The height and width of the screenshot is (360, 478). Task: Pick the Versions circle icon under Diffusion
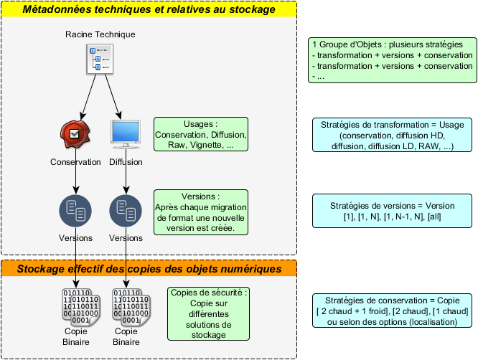(126, 210)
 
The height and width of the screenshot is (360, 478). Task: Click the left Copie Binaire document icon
(75, 306)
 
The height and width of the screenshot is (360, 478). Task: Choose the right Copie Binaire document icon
(126, 306)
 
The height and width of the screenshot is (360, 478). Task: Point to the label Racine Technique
(100, 34)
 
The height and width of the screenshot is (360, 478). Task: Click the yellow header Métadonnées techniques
(149, 9)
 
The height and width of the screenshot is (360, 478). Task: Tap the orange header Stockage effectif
(149, 269)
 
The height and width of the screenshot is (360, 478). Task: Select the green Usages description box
(201, 134)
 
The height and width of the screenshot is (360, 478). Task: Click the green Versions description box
(201, 212)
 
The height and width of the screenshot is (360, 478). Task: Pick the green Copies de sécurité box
(209, 313)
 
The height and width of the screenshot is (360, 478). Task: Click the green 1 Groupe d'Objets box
(393, 60)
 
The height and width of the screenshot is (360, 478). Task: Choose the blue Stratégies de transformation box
(393, 135)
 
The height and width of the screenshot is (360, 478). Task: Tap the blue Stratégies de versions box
(393, 212)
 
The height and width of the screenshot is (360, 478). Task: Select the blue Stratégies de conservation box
(393, 311)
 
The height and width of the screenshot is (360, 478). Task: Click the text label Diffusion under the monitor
(126, 162)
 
